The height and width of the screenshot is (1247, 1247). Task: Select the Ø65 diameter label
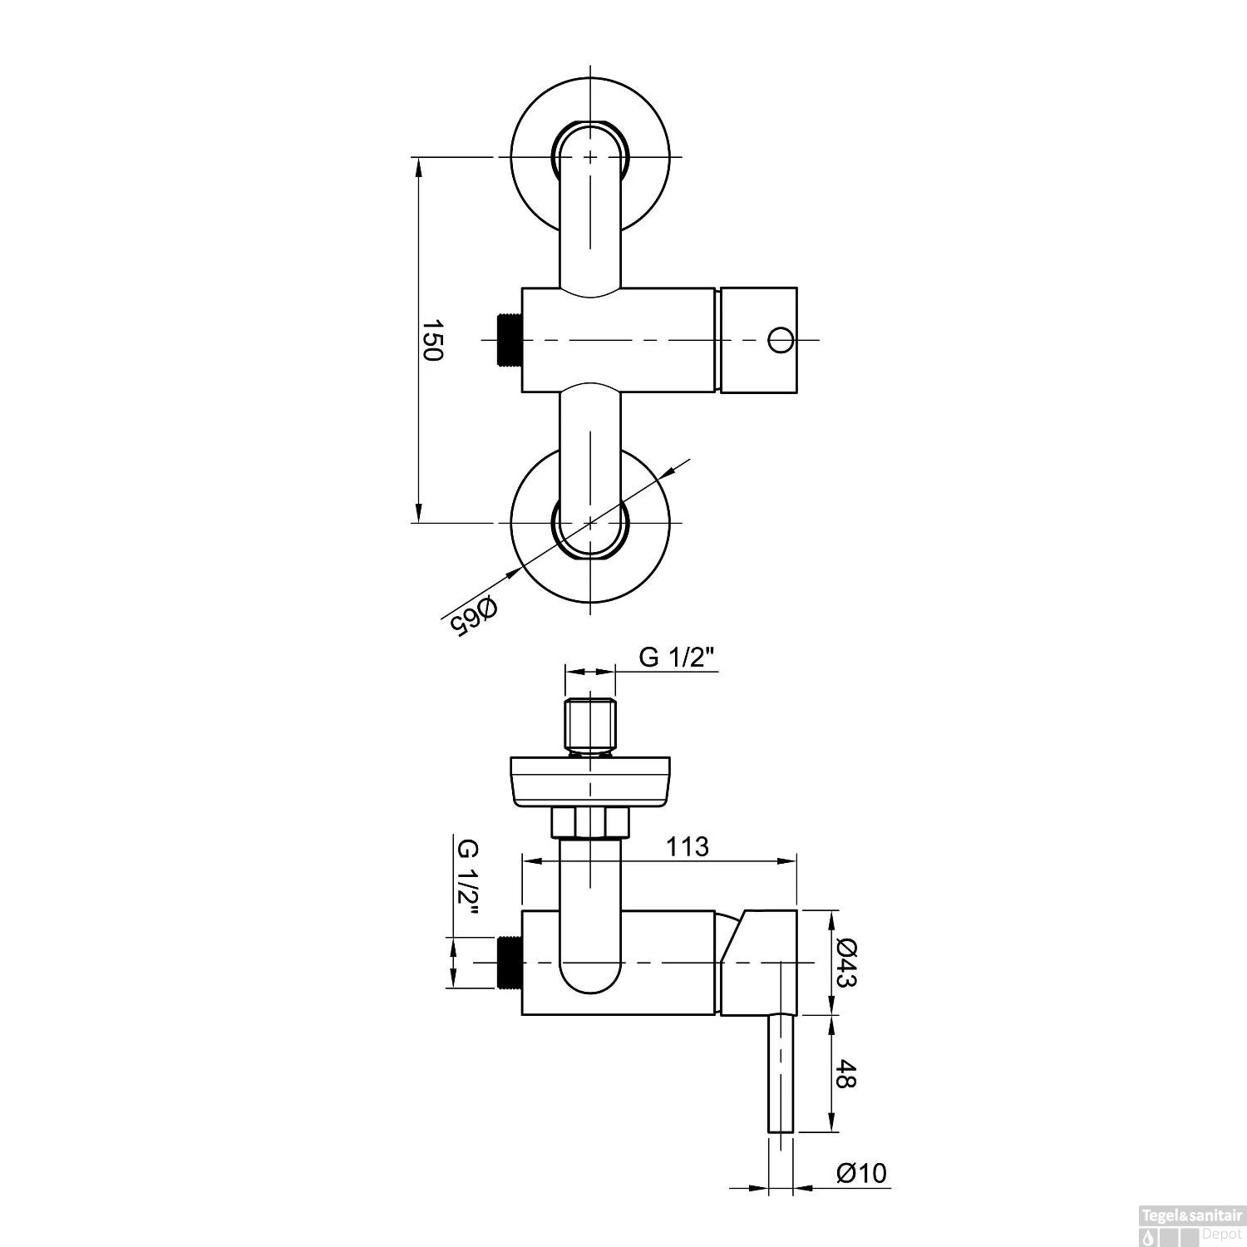point(472,616)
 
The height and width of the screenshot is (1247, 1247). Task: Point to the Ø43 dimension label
point(847,963)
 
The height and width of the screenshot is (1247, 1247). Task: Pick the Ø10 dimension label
point(861,1173)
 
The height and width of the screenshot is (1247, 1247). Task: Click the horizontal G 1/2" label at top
point(677,658)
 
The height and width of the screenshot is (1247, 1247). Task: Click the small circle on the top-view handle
point(781,340)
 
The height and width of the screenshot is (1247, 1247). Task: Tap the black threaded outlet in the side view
point(508,963)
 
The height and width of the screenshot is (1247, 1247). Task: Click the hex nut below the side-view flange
point(590,823)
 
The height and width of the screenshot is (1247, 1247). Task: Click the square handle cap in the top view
point(758,340)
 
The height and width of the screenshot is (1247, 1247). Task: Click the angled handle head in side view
point(758,963)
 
